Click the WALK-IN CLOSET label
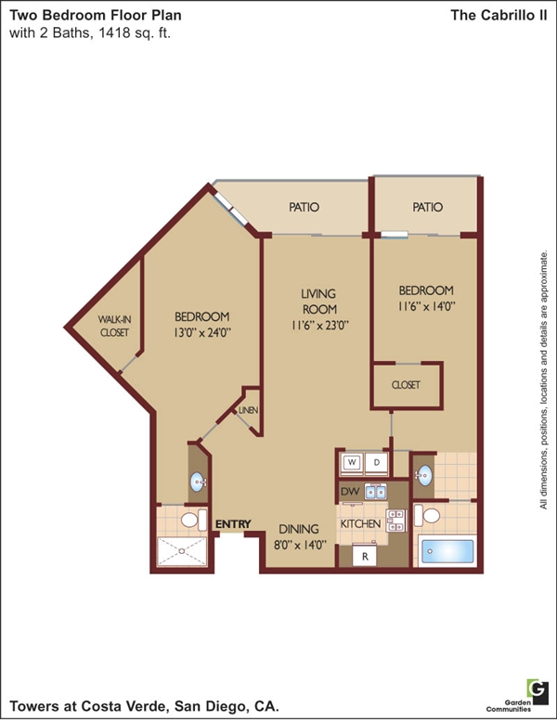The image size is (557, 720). click(114, 326)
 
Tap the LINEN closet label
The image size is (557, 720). click(248, 410)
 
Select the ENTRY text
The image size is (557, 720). click(233, 524)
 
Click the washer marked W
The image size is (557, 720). click(352, 463)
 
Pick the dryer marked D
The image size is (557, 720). click(376, 463)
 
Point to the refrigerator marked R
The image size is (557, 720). click(365, 556)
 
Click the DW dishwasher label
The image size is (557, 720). click(350, 492)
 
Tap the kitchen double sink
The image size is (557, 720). click(375, 492)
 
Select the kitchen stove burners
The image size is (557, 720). click(396, 521)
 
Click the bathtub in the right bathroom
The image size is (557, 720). click(447, 550)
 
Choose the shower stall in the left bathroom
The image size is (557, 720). click(183, 551)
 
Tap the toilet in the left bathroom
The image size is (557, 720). click(193, 520)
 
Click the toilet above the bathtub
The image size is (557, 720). click(427, 515)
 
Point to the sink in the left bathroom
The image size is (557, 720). click(198, 482)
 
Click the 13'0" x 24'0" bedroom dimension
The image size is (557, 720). click(201, 332)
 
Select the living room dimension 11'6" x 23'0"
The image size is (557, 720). click(320, 325)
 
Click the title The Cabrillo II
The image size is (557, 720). click(499, 15)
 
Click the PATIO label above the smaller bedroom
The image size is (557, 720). click(427, 207)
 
